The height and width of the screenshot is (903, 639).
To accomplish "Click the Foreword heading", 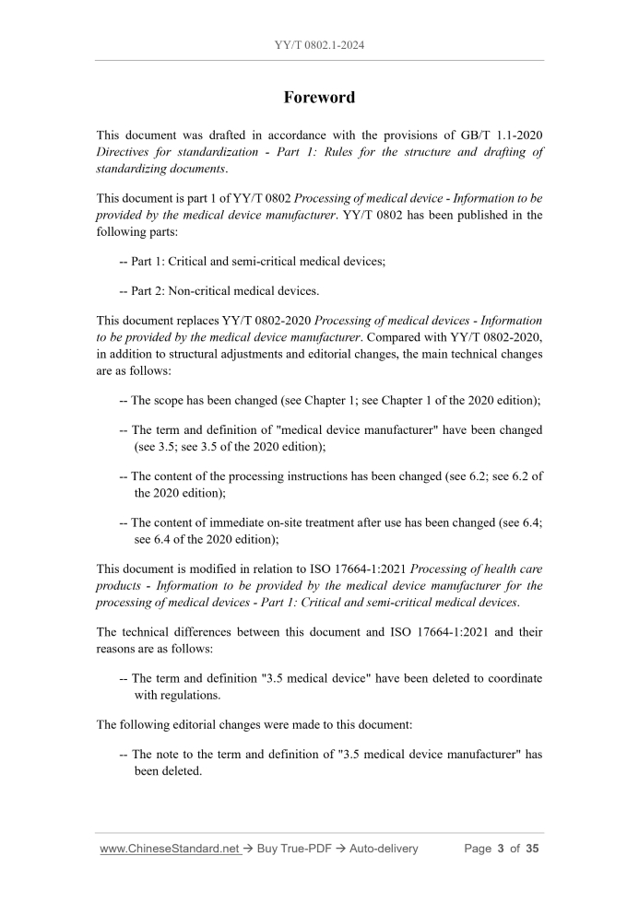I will [x=319, y=97].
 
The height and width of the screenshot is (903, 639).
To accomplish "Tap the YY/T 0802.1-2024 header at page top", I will [x=319, y=44].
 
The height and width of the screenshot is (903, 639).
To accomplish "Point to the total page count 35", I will [x=532, y=849].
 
